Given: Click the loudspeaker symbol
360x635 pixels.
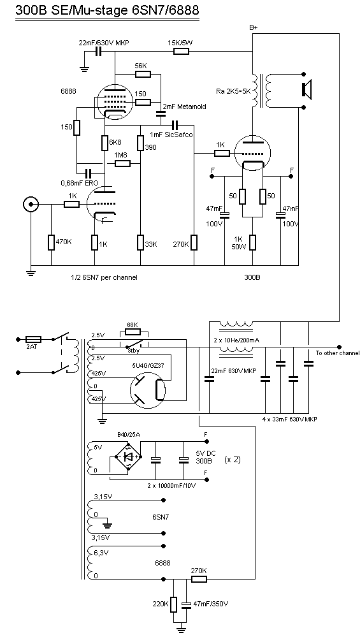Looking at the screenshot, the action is click(x=306, y=89).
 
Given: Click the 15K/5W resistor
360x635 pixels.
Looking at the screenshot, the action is click(x=181, y=51).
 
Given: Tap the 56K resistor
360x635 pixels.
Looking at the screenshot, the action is click(x=143, y=74).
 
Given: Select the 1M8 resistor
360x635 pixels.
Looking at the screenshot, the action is click(x=122, y=163).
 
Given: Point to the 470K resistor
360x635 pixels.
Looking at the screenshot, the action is click(x=51, y=242).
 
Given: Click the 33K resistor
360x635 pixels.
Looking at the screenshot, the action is click(x=140, y=242).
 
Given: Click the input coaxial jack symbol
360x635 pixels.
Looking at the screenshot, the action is click(x=31, y=205).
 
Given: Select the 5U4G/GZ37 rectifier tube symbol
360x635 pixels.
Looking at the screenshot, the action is click(x=148, y=390).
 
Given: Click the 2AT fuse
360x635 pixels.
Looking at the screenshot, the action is click(x=32, y=339).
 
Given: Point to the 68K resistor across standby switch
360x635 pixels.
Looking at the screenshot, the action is click(x=133, y=332).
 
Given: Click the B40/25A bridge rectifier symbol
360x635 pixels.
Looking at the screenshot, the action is click(x=129, y=456).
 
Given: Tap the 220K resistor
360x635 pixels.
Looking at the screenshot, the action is click(x=174, y=604).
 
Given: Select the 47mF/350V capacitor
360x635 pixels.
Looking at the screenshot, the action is click(x=186, y=604).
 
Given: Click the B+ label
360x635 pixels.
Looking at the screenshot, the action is click(x=254, y=27).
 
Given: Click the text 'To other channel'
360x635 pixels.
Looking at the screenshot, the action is click(x=337, y=353).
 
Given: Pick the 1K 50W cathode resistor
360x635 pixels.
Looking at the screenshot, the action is click(x=253, y=242).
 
